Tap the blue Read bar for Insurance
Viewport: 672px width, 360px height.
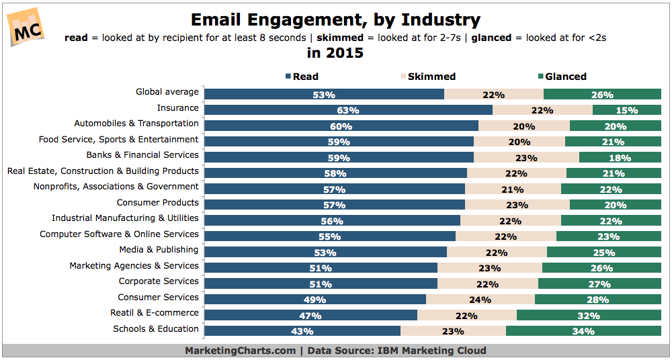pyautogui.click(x=348, y=109)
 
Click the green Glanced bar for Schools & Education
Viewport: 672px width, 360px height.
pyautogui.click(x=583, y=330)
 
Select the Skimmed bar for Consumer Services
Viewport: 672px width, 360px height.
pyautogui.click(x=480, y=300)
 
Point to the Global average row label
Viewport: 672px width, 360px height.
pyautogui.click(x=167, y=92)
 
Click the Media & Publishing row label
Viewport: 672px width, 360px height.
pyautogui.click(x=159, y=250)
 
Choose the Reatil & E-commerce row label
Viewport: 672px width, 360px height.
pyautogui.click(x=155, y=313)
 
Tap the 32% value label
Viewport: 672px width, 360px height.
pyautogui.click(x=588, y=315)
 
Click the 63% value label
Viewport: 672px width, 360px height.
pyautogui.click(x=348, y=110)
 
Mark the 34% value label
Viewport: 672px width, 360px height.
pyautogui.click(x=583, y=331)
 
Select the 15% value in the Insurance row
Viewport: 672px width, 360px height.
pyautogui.click(x=626, y=110)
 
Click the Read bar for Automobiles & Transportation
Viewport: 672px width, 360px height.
pyautogui.click(x=341, y=126)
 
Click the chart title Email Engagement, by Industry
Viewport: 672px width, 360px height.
pyautogui.click(x=335, y=20)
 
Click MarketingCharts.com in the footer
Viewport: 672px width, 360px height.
pyautogui.click(x=240, y=351)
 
